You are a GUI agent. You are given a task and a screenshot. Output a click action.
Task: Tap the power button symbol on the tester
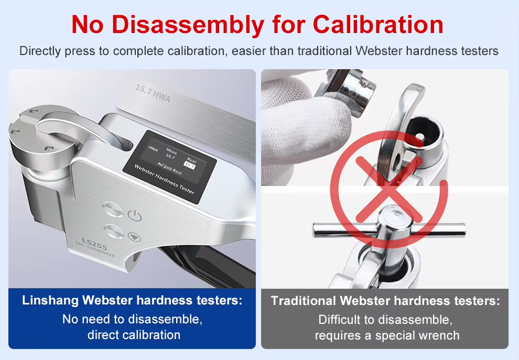(135, 215)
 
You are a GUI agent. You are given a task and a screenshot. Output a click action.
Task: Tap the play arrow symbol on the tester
(135, 237)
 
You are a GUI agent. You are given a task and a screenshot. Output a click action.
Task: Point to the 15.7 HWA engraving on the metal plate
(153, 93)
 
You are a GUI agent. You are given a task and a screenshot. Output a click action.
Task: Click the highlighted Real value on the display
(190, 166)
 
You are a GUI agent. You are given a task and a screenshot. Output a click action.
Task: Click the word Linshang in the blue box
(49, 301)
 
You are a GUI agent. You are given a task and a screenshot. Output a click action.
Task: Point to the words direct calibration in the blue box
(134, 335)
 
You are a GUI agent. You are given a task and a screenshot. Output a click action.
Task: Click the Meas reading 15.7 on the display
(170, 156)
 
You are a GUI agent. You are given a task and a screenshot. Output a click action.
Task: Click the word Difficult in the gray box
(343, 319)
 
